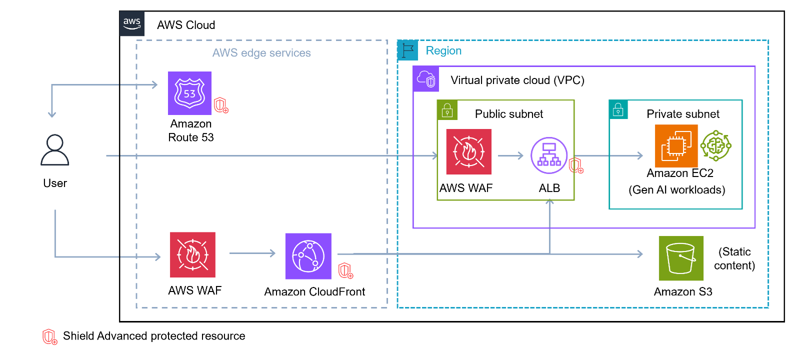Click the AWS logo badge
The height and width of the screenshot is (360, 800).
131,23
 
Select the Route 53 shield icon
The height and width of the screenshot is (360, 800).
189,93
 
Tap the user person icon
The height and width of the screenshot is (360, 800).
55,150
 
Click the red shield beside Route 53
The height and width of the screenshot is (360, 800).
221,105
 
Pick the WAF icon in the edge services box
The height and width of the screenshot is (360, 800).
192,254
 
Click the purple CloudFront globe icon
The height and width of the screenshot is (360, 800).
308,256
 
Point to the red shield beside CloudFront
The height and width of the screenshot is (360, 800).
346,270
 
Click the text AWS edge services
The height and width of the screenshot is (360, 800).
261,53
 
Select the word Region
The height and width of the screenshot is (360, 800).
443,51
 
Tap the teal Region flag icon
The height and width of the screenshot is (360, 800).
407,50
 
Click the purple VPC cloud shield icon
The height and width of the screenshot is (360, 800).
426,79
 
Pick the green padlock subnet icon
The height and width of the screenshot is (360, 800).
447,110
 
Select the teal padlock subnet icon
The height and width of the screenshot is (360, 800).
618,109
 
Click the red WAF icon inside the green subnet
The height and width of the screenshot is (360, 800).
468,151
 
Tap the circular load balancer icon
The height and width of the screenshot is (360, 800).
549,155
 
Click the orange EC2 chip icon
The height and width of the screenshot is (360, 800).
676,146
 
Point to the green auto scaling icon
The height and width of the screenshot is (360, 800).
716,146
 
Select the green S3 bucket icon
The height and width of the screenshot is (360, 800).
680,258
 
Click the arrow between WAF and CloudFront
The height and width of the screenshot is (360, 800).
252,253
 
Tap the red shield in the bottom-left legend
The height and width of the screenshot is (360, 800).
49,336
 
